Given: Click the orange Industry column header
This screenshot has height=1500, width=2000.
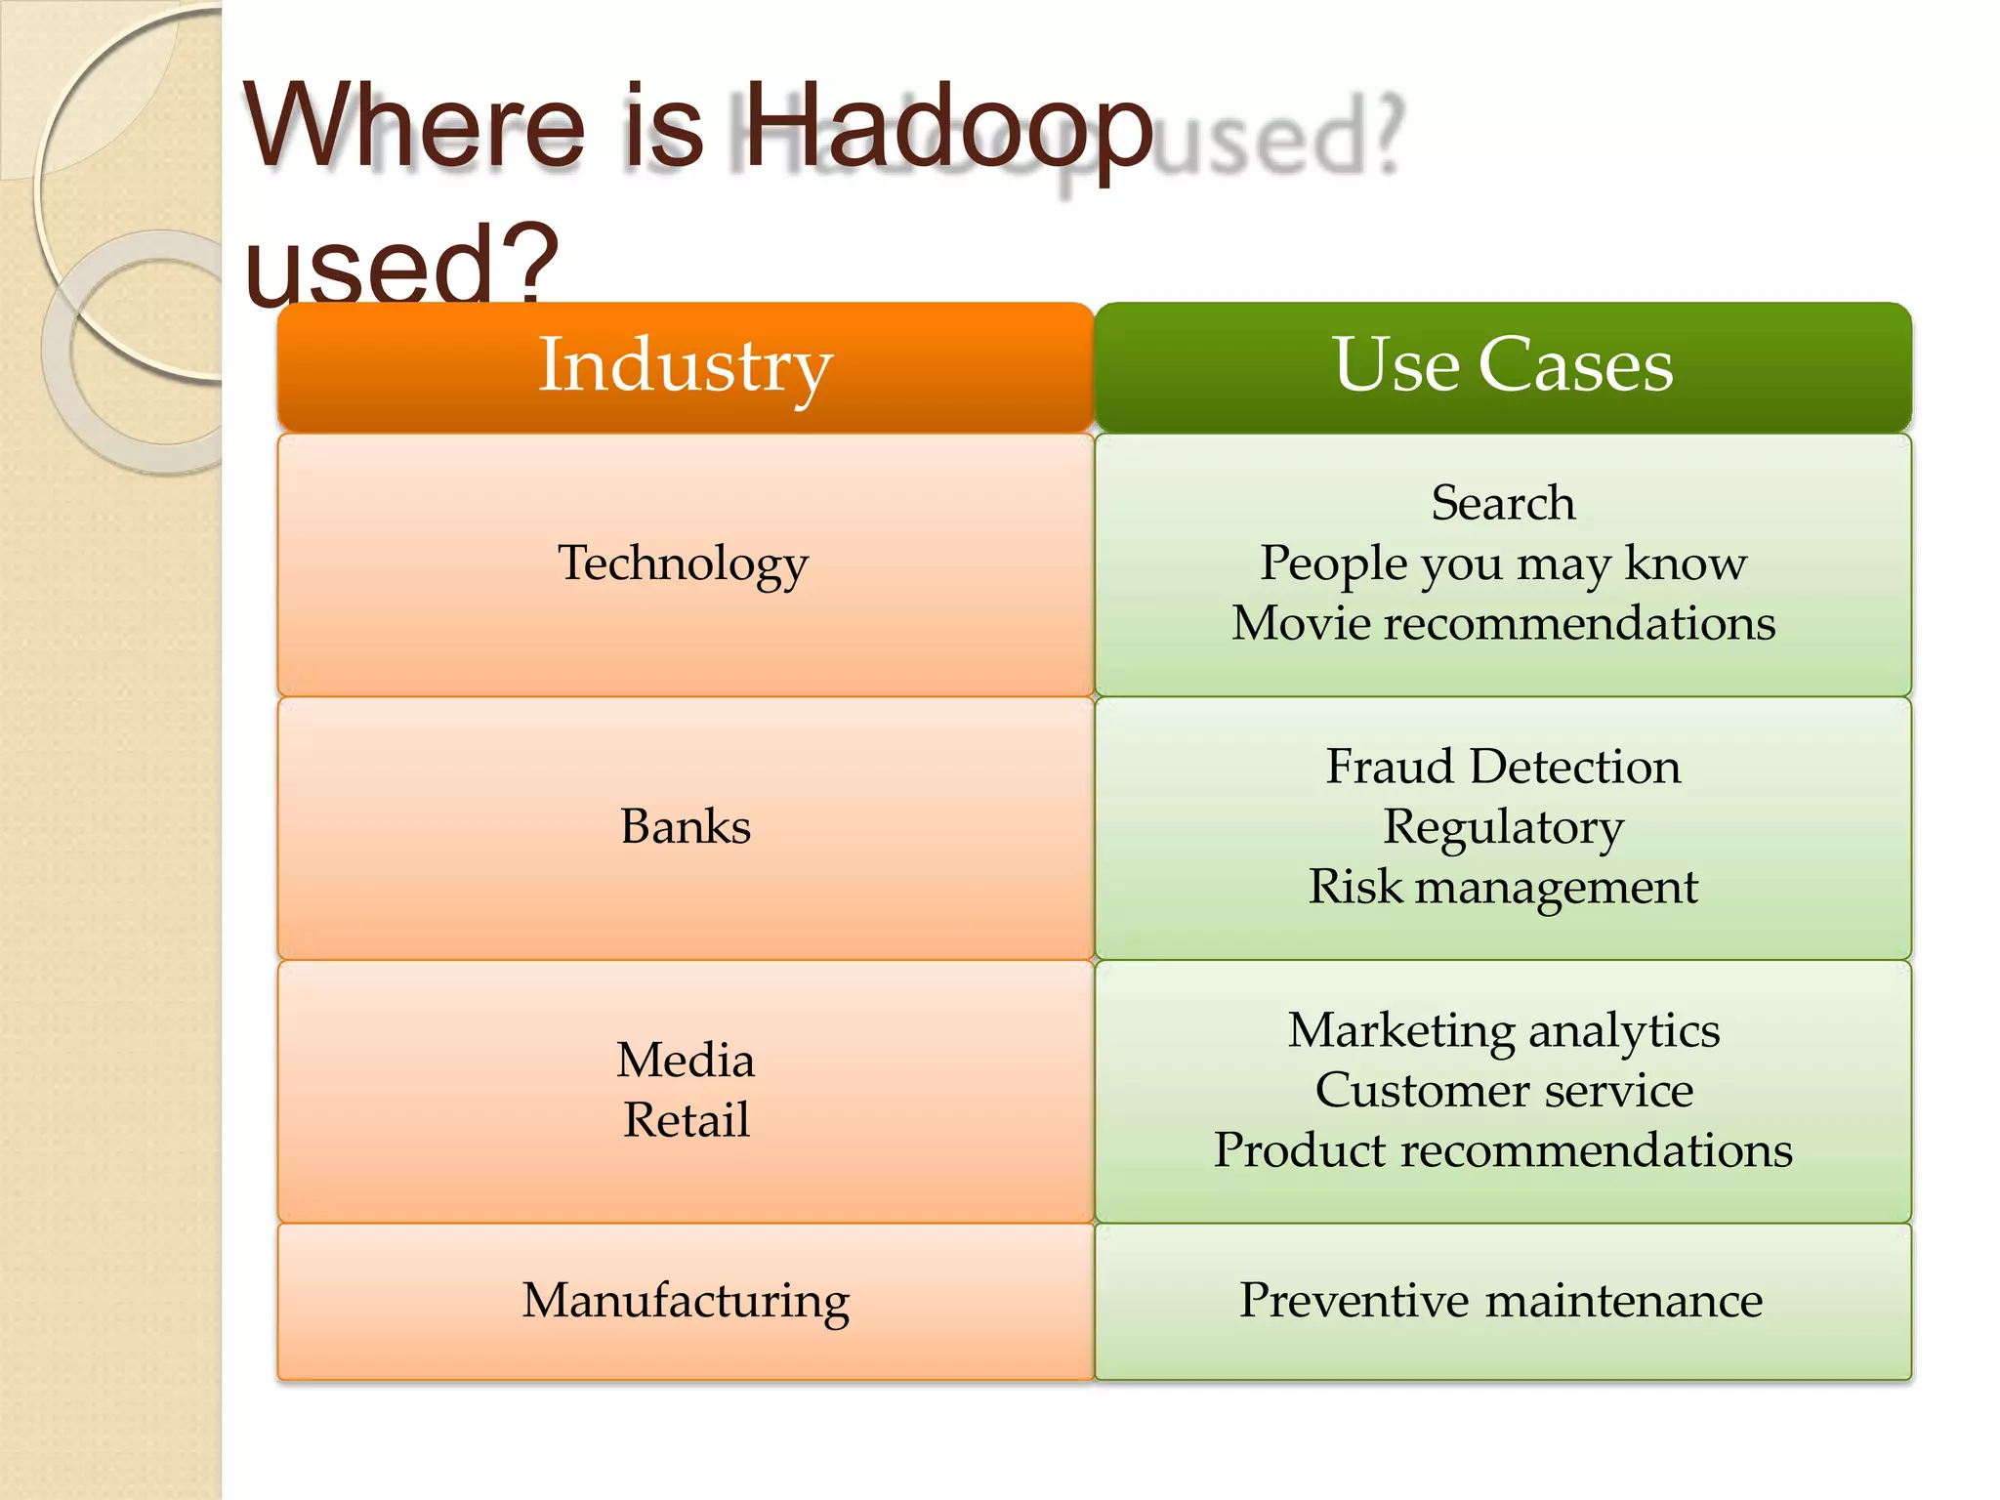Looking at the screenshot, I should point(685,366).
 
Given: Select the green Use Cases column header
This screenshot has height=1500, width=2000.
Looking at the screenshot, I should point(1502,366).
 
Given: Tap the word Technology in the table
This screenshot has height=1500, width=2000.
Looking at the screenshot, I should point(684,564).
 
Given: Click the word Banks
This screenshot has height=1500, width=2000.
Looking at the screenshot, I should point(686,827).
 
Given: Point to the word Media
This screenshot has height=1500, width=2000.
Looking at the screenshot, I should point(686,1061).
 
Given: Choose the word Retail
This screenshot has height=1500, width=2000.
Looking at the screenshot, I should point(687,1120).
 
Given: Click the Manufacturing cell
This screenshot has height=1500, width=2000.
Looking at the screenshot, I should point(686,1302).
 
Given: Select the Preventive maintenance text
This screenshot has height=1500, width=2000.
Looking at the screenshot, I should point(1501,1302).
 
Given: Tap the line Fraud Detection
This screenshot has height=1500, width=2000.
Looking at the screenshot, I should point(1503,767).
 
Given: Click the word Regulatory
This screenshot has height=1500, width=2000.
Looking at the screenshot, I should point(1503,828).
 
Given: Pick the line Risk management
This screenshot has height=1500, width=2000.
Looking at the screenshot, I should point(1503,888).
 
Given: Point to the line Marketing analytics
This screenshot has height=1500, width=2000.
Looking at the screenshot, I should point(1503,1031).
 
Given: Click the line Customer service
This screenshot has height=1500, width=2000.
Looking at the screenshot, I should point(1503,1091).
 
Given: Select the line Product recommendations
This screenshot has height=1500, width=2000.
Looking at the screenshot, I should point(1503,1150).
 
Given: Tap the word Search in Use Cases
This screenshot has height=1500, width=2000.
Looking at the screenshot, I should point(1503,504).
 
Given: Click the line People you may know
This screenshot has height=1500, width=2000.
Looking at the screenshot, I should point(1503,564).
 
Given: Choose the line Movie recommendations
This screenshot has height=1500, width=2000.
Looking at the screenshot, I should point(1503,624).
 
